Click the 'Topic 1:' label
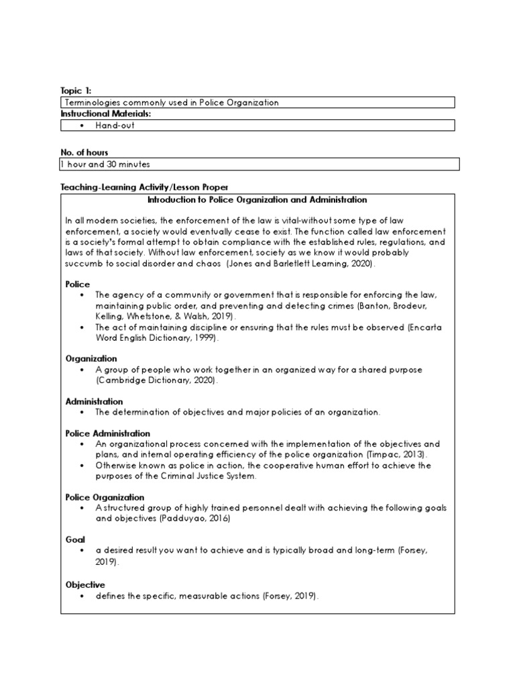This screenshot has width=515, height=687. pyautogui.click(x=75, y=91)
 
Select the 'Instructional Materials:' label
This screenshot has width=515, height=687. pyautogui.click(x=106, y=114)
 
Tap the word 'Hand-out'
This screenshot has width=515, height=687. pyautogui.click(x=115, y=125)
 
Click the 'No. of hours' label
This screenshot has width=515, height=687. pyautogui.click(x=84, y=153)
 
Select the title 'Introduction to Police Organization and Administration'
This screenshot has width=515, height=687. pyautogui.click(x=257, y=200)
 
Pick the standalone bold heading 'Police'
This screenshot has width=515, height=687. pyautogui.click(x=77, y=284)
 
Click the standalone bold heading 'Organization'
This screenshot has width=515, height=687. pyautogui.click(x=91, y=359)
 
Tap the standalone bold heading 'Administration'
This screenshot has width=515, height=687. pyautogui.click(x=95, y=401)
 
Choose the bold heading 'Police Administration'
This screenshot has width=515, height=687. pyautogui.click(x=108, y=433)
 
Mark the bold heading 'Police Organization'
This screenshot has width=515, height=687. pyautogui.click(x=105, y=497)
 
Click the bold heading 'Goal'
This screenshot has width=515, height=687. pyautogui.click(x=74, y=539)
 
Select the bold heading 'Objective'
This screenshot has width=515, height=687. pyautogui.click(x=85, y=585)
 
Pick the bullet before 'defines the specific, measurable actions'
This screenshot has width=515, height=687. pyautogui.click(x=82, y=596)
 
